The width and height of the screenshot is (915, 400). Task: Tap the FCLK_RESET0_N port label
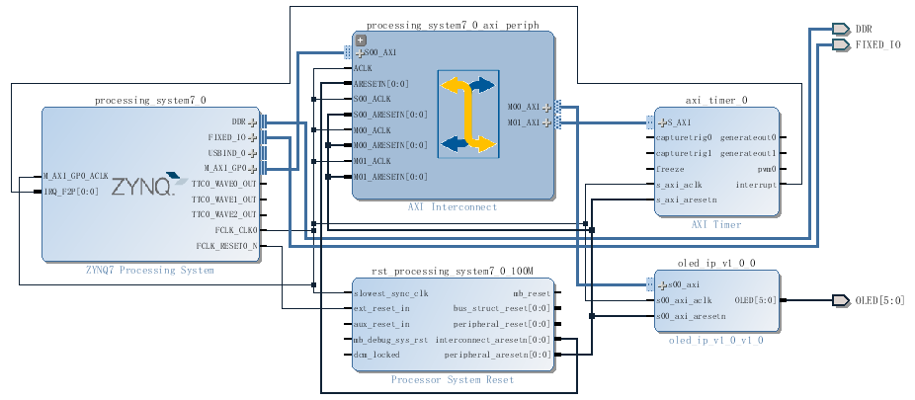pos(225,246)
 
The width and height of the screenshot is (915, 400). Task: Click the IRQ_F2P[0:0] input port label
pos(71,192)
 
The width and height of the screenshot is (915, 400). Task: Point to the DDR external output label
pos(863,29)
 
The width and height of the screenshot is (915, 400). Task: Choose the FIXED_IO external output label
pos(877,44)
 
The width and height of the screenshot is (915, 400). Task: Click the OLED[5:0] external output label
pos(879,300)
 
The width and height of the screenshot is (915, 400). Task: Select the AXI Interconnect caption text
pos(453,207)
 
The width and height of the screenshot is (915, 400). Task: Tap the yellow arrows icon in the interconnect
pos(466,116)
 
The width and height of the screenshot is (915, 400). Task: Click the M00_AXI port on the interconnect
pos(524,107)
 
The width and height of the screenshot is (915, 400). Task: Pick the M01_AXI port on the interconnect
pos(524,122)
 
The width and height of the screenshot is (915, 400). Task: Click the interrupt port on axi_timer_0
pos(756,185)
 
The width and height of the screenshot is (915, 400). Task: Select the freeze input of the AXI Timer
pos(671,169)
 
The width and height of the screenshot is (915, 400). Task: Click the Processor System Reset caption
pos(452,379)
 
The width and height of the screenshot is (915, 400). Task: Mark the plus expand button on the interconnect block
pos(361,40)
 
